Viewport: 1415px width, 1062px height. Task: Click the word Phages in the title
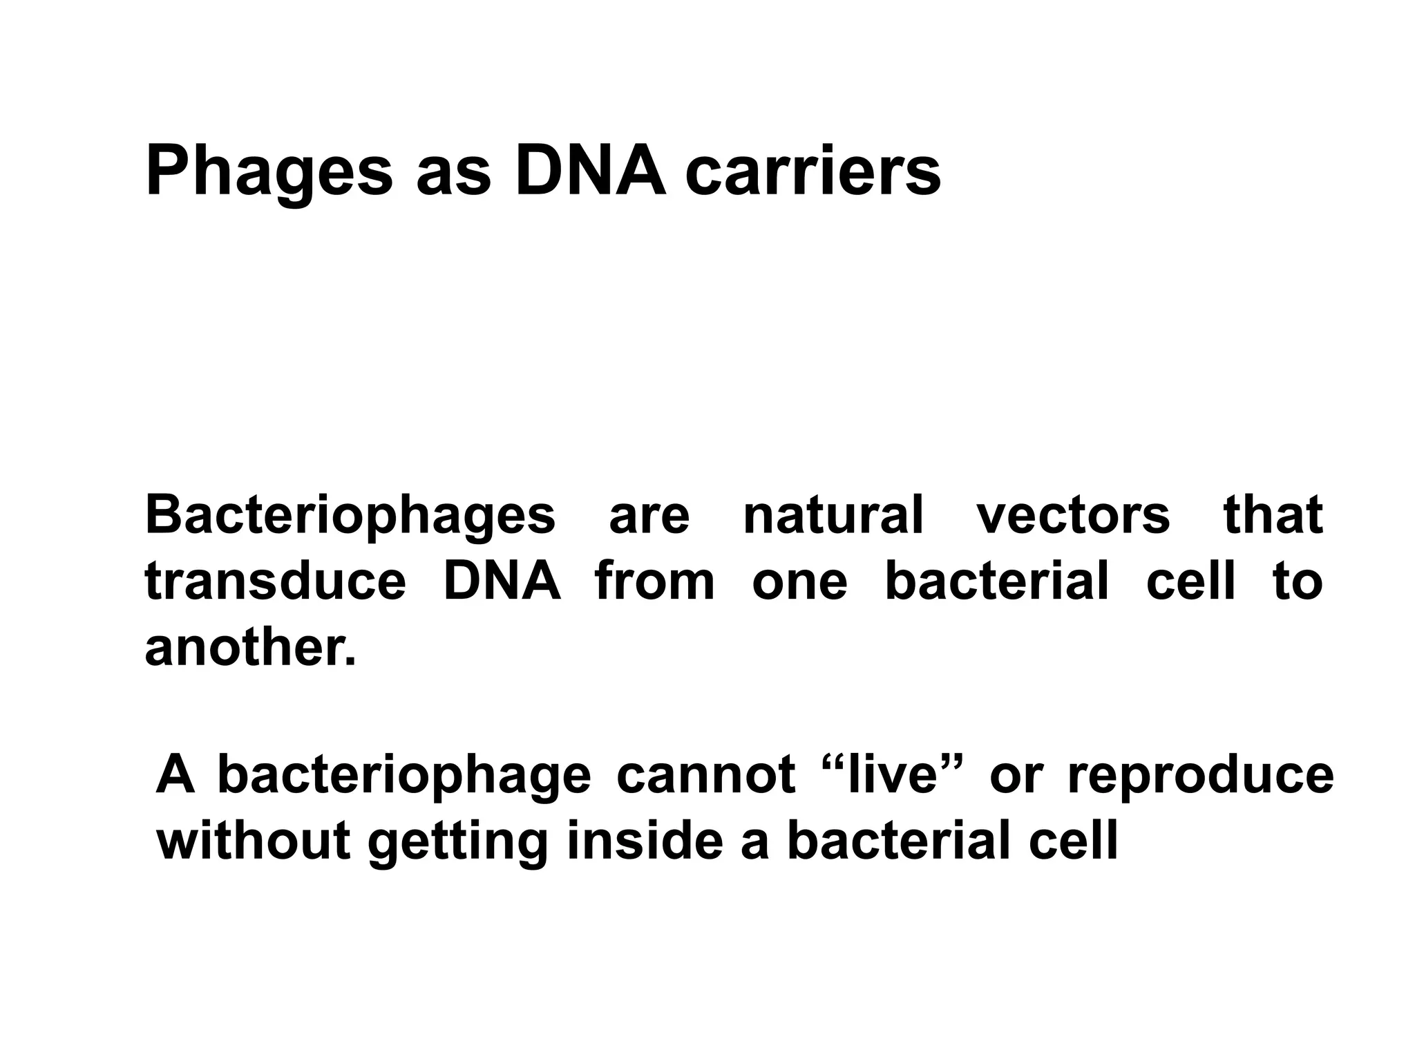pos(269,173)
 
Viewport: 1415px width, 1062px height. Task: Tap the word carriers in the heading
pos(813,173)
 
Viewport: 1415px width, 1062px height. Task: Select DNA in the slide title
pos(591,173)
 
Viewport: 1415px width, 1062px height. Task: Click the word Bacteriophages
pos(350,516)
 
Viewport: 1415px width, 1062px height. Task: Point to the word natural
pos(833,516)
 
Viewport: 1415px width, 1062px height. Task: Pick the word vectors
pos(1073,516)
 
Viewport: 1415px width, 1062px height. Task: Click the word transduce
pos(276,581)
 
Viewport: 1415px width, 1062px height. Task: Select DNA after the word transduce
pos(502,581)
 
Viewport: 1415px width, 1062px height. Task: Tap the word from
pos(654,581)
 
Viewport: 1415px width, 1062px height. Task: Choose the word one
pos(799,581)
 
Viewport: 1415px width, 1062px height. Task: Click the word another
pos(250,648)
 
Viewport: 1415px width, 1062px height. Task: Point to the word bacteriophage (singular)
pos(404,776)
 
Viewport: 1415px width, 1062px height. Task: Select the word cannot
pos(705,776)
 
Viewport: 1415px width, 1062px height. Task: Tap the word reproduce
pos(1201,776)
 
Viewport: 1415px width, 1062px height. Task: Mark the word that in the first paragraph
pos(1273,516)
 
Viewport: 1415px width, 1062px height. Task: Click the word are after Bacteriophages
pos(649,516)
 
